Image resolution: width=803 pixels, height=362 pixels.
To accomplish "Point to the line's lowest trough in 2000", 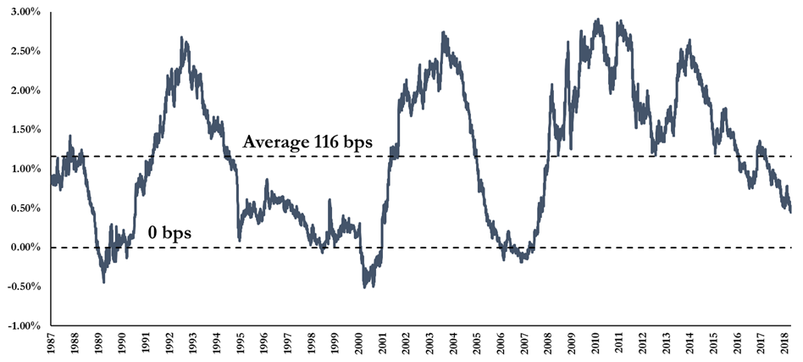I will [365, 287].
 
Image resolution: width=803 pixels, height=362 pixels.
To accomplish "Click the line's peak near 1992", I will [182, 37].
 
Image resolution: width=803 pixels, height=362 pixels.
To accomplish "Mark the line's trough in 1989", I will [103, 281].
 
